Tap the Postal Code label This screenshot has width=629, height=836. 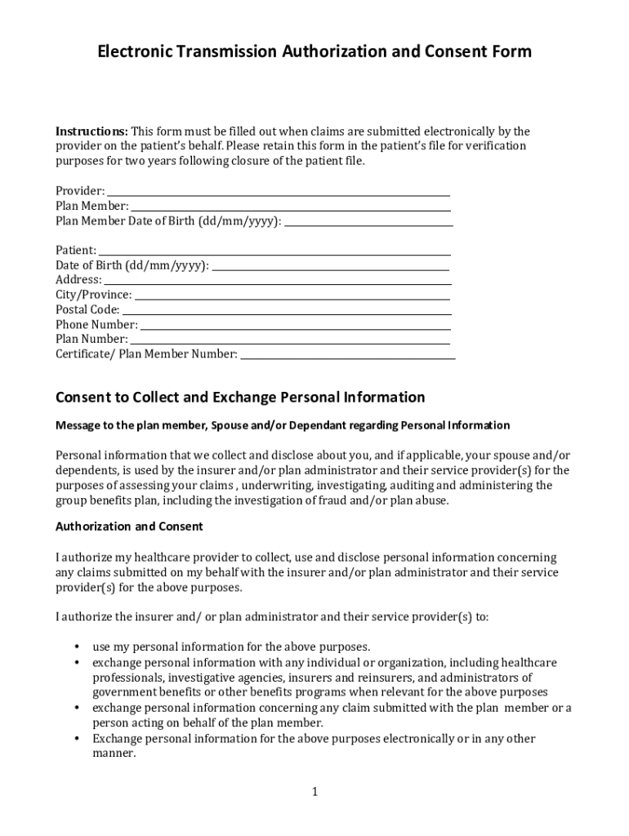pos(87,310)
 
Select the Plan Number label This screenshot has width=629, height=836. pos(91,340)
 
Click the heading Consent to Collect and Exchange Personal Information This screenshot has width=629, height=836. pos(240,398)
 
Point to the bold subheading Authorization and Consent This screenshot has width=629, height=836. pos(129,527)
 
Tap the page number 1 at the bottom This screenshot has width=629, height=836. pos(314,792)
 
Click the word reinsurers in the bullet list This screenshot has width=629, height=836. pos(384,678)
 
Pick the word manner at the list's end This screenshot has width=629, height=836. pos(112,754)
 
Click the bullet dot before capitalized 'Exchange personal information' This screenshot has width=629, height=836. pos(76,740)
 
